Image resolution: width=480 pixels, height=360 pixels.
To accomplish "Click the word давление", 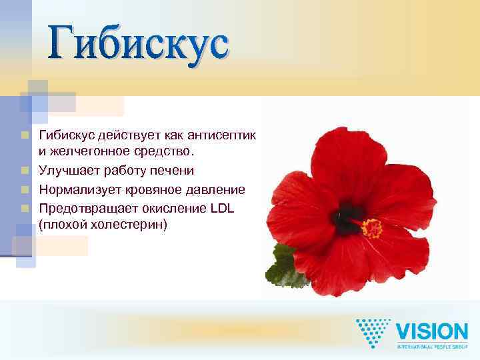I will click(215, 190).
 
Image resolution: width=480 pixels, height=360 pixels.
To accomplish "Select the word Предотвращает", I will click(87, 208).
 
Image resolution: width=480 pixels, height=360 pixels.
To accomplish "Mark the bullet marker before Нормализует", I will click(25, 191).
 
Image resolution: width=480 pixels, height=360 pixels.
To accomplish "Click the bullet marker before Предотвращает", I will click(25, 209).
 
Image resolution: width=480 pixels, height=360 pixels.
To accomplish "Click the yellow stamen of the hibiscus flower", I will click(372, 228).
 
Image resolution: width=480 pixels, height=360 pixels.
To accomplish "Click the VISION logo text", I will click(432, 331).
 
